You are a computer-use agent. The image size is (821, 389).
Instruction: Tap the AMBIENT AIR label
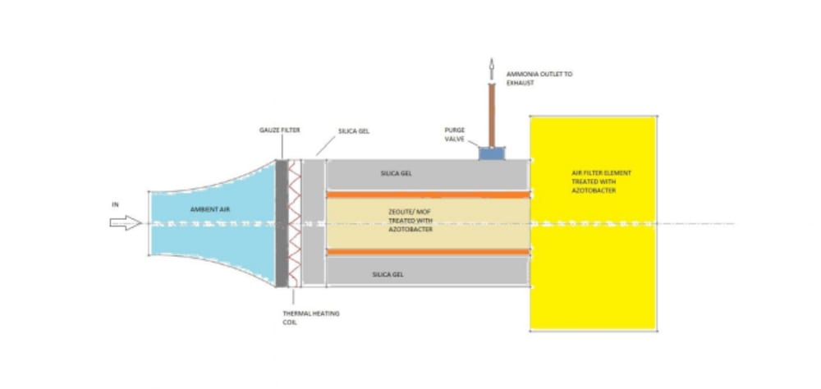pyautogui.click(x=210, y=210)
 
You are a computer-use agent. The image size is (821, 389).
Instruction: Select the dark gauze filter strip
pyautogui.click(x=282, y=222)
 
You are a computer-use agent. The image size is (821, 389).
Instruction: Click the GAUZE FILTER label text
pyautogui.click(x=274, y=130)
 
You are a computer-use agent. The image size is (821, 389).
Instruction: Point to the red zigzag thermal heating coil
pyautogui.click(x=294, y=222)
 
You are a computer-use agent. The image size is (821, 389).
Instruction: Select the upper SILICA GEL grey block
pyautogui.click(x=427, y=174)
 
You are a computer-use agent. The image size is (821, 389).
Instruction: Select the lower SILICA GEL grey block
pyautogui.click(x=427, y=273)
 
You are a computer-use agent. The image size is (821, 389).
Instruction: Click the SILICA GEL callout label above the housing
pyautogui.click(x=354, y=130)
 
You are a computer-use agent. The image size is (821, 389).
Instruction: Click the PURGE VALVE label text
pyautogui.click(x=454, y=135)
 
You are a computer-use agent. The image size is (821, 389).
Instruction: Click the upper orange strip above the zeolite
pyautogui.click(x=427, y=194)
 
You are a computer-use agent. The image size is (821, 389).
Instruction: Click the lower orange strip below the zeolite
pyautogui.click(x=427, y=251)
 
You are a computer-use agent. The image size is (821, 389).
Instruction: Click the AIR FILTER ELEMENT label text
pyautogui.click(x=593, y=182)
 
